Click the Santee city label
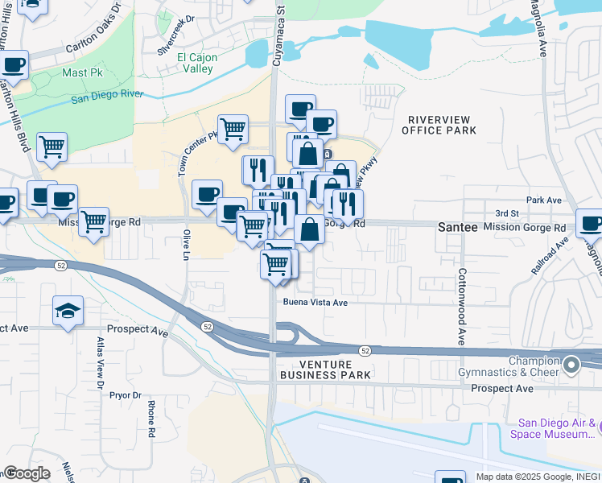457,228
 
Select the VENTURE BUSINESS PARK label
324,369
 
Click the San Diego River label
106,96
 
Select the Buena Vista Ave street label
315,303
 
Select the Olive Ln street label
186,244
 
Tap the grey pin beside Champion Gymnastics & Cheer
571,365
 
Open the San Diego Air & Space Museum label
555,428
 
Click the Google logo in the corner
27,473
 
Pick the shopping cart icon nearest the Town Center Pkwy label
233,127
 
